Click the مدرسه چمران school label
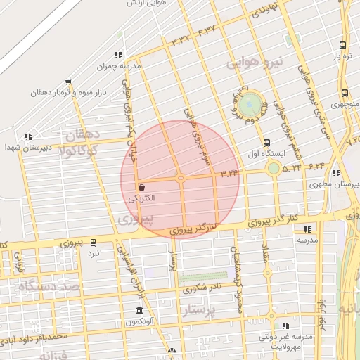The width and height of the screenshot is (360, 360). coord(120,66)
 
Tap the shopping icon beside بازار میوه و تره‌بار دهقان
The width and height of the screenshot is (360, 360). coord(68,82)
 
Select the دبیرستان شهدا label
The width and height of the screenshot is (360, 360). coord(24,148)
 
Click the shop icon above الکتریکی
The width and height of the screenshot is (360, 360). coord(142,188)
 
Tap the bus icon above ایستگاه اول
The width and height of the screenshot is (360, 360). coord(266,143)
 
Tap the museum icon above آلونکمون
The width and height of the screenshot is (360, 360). coord(139,311)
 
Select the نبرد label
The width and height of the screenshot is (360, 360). coord(94,252)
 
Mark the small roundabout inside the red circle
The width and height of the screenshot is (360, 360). coord(181,178)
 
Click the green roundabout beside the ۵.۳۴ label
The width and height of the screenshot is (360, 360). coord(274,168)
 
